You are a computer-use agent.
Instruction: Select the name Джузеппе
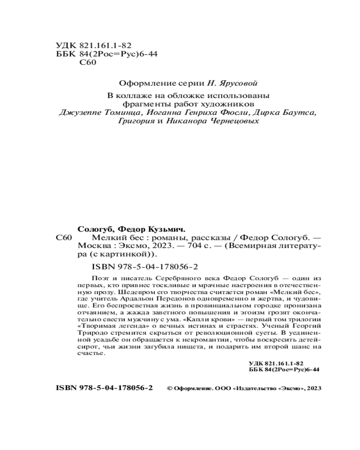tap(79, 112)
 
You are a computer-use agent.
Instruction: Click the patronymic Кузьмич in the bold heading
tap(166, 228)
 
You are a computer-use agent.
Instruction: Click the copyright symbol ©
tap(169, 387)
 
